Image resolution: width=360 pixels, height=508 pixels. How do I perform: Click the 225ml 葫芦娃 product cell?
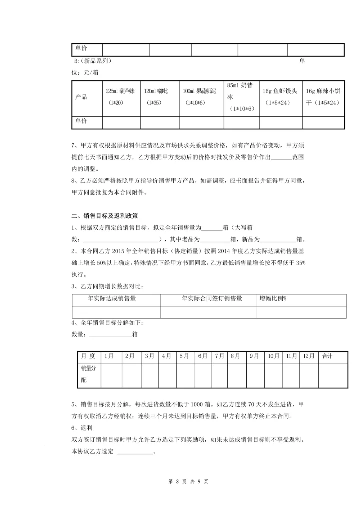[x=121, y=97]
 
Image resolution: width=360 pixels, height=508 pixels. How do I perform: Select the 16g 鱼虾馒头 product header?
[x=280, y=97]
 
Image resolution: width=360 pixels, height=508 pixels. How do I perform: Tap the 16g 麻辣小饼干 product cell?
[x=323, y=97]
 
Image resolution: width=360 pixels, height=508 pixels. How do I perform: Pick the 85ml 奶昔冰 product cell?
[x=241, y=97]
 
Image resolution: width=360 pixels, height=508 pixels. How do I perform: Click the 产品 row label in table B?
[x=81, y=97]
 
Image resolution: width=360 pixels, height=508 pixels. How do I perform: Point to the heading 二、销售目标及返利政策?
[x=105, y=215]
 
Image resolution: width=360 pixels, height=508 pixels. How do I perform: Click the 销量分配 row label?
[x=86, y=375]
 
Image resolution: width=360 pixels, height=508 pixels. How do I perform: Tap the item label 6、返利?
[x=82, y=428]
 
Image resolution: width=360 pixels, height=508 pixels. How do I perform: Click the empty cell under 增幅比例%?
[x=301, y=312]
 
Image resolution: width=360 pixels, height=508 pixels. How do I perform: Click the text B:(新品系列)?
[x=92, y=61]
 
